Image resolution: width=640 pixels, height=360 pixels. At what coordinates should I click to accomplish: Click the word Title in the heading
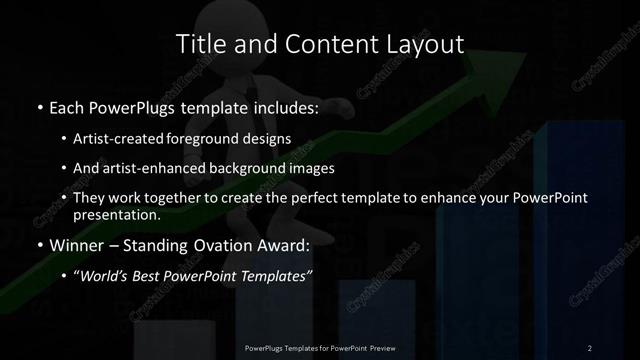pos(198,44)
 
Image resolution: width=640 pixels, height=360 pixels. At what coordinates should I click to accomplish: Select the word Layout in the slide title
pos(427,44)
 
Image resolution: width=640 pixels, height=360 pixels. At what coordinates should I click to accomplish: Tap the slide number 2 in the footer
pos(590,347)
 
